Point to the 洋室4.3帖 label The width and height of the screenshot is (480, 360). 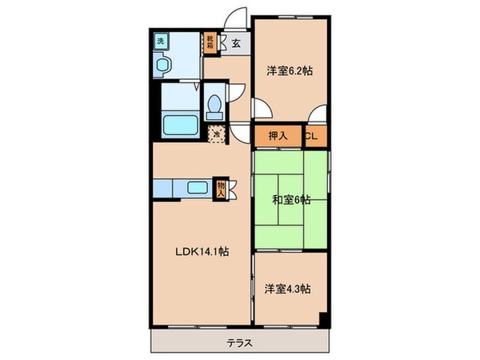[290, 288]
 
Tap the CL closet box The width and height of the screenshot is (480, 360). [313, 137]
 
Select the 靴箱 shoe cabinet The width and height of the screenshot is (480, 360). [210, 42]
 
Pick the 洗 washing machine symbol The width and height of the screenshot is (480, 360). [161, 41]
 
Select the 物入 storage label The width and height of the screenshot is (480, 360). [221, 189]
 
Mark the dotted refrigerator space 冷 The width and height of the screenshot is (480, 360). [214, 134]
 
